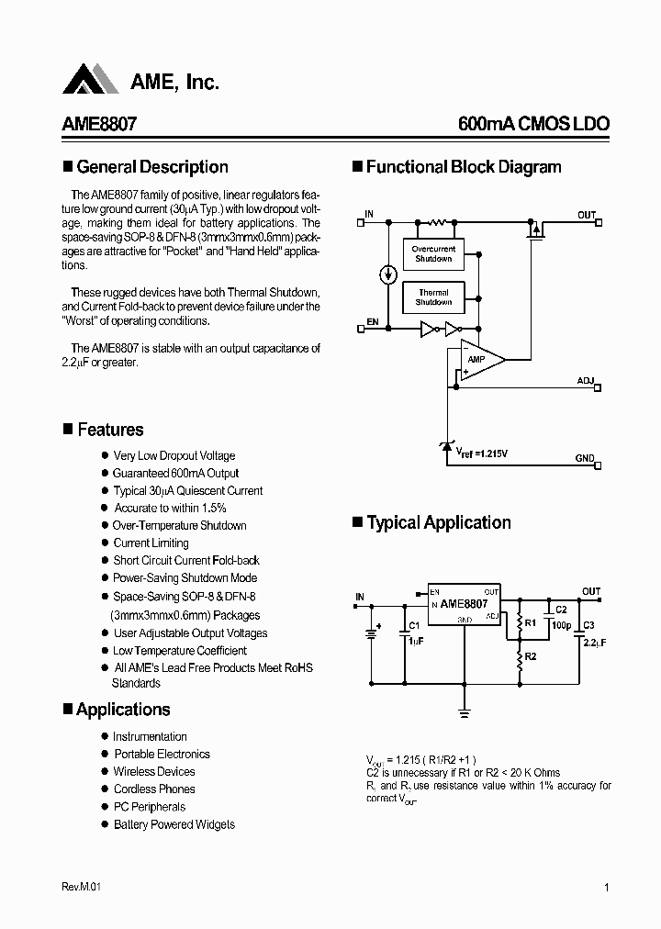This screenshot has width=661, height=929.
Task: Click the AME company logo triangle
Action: (91, 80)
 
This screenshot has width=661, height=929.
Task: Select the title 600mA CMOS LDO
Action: (532, 124)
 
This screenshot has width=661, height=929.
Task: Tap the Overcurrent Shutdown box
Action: (433, 254)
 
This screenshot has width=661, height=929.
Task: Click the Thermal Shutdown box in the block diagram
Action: (433, 297)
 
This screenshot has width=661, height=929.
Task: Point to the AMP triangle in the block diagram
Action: (480, 359)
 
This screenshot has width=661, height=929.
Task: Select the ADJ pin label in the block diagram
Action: (586, 380)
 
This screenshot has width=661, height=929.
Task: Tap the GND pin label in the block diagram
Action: (585, 458)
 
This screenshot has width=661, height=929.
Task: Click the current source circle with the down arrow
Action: (388, 274)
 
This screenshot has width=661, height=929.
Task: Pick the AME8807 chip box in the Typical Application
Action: (464, 606)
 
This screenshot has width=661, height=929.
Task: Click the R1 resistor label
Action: (530, 622)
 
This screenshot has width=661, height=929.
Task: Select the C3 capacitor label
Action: (588, 625)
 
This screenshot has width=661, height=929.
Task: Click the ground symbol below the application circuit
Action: (464, 712)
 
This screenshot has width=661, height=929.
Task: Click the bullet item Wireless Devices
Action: (154, 771)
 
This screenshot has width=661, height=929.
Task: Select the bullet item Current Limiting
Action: (151, 543)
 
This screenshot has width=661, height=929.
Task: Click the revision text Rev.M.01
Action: (81, 887)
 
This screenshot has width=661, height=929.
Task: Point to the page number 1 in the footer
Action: (607, 887)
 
